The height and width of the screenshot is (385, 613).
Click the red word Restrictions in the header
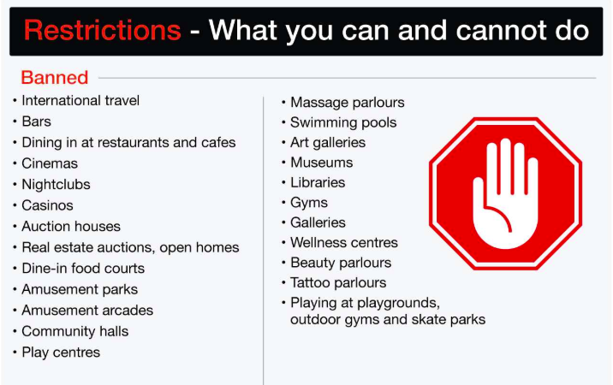point(103,30)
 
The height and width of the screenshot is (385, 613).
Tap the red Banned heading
point(54,77)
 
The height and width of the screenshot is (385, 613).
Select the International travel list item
point(80,100)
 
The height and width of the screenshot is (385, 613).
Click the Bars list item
point(36,121)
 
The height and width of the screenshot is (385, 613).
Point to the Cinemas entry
point(50,163)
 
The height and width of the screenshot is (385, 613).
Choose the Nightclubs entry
point(56,185)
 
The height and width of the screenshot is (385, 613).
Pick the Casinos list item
point(47,205)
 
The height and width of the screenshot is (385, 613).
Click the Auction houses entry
point(71,227)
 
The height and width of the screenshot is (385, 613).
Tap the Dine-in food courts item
point(83,269)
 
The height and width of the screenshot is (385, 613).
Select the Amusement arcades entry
point(87,311)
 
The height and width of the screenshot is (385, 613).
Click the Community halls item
point(75,331)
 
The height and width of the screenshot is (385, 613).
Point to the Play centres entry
point(61,352)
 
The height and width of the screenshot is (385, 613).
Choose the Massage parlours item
point(347,103)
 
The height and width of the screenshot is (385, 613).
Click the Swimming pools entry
point(343,122)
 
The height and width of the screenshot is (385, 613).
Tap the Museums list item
point(321,163)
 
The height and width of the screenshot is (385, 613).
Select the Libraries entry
point(318,182)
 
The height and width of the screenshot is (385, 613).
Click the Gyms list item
point(309,203)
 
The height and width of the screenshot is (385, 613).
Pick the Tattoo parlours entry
point(338,282)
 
